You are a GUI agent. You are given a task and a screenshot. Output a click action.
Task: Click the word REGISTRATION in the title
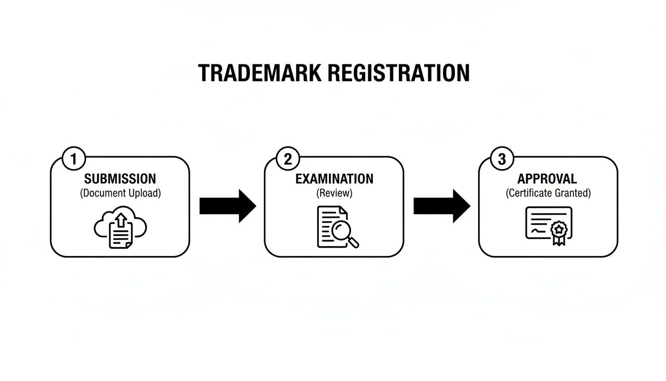coord(398,73)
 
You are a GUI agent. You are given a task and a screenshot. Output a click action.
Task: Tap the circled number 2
coord(288,160)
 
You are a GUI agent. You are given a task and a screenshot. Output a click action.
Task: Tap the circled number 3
coord(502,160)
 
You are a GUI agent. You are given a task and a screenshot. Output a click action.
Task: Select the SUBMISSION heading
coord(120,179)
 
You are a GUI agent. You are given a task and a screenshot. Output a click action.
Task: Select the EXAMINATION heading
coord(334,179)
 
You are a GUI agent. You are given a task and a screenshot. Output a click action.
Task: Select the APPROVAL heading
coord(547,179)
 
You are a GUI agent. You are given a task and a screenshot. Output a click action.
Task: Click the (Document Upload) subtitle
coord(120,193)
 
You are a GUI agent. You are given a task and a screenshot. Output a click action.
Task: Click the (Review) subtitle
coord(334,193)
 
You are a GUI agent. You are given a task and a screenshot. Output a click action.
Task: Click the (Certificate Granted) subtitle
coord(548,193)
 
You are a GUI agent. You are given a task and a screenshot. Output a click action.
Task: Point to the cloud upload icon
coord(120,228)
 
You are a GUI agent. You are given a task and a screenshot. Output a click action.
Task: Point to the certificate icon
coord(548,226)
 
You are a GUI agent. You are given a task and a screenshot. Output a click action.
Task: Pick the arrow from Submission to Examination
coord(227,205)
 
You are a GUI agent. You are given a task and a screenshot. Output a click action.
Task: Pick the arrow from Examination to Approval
coord(442,205)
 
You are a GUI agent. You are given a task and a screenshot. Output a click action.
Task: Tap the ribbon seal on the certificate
coord(559,230)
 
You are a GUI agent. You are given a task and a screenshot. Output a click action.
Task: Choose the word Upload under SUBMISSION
coord(145,193)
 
